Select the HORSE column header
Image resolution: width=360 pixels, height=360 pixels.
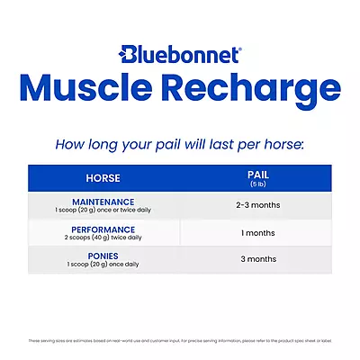pos(103,178)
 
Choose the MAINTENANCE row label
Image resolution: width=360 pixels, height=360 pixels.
pos(103,202)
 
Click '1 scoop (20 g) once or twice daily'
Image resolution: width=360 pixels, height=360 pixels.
pos(103,211)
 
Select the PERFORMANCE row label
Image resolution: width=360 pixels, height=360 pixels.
pos(103,229)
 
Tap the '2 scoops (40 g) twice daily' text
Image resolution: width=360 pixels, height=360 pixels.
pos(103,238)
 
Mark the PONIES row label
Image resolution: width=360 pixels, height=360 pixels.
pos(103,256)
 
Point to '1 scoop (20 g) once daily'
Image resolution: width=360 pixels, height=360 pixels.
pos(103,265)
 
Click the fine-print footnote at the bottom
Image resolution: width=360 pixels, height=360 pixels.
pos(180,340)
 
